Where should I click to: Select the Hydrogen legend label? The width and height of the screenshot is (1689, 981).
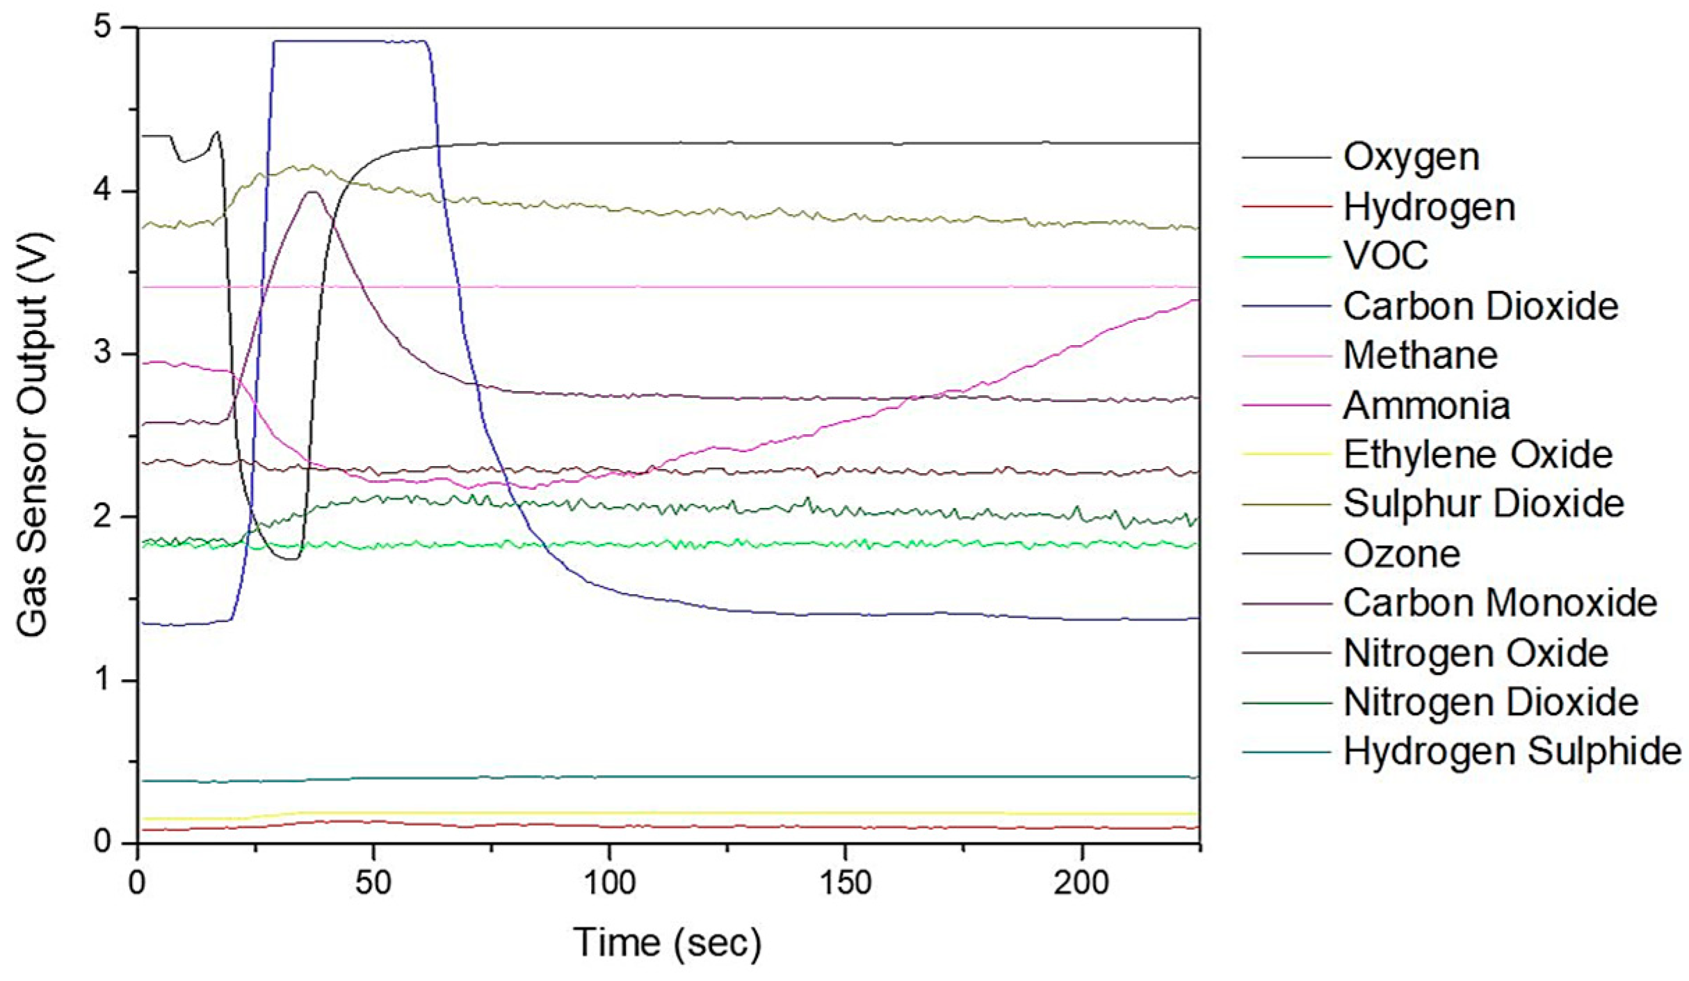[1428, 207]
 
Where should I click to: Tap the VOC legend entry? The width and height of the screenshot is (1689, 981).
[1385, 256]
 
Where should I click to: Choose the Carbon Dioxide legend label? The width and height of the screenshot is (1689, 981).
[1480, 306]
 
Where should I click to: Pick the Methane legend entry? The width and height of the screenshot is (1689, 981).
[1420, 356]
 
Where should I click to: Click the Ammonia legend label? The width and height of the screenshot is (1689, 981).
[1426, 406]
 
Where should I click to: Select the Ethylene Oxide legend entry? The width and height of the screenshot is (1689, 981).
[1478, 454]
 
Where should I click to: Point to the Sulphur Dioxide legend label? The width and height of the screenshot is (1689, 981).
[1483, 504]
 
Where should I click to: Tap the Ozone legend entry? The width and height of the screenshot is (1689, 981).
[1401, 555]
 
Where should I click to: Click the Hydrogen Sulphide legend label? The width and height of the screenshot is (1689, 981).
[1512, 751]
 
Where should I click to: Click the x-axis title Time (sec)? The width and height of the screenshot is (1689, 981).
[667, 943]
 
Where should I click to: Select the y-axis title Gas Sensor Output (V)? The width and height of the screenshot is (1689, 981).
[33, 435]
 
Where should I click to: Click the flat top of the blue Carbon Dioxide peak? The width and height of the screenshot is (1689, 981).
[348, 42]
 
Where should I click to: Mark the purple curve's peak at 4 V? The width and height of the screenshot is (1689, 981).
[313, 192]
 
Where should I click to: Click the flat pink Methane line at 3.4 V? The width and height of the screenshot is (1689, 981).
[695, 287]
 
